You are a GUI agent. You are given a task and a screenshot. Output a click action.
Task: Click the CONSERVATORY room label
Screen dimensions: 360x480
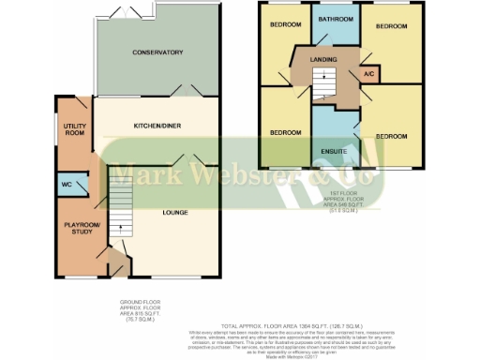[157, 52]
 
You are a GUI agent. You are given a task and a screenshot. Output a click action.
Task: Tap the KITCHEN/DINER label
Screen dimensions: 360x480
[157, 124]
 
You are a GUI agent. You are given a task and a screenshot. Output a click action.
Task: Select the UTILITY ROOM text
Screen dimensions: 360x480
[75, 128]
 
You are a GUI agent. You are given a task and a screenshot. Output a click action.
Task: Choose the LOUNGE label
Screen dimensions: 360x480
[173, 213]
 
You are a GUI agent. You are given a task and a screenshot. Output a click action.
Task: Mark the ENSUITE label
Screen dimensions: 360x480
[333, 150]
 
